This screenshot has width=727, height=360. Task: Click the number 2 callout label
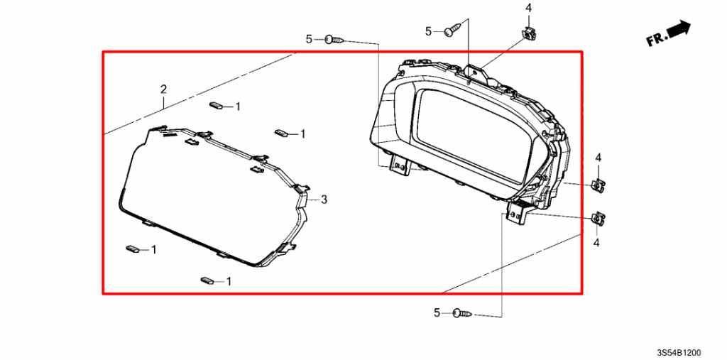tap(163, 89)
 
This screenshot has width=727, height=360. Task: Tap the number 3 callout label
tap(324, 200)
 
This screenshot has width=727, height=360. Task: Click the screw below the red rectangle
tap(462, 314)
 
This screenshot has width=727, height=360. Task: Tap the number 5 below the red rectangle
tap(437, 313)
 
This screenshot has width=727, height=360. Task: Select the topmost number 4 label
tap(528, 8)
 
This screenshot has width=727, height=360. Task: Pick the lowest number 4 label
tap(596, 242)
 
